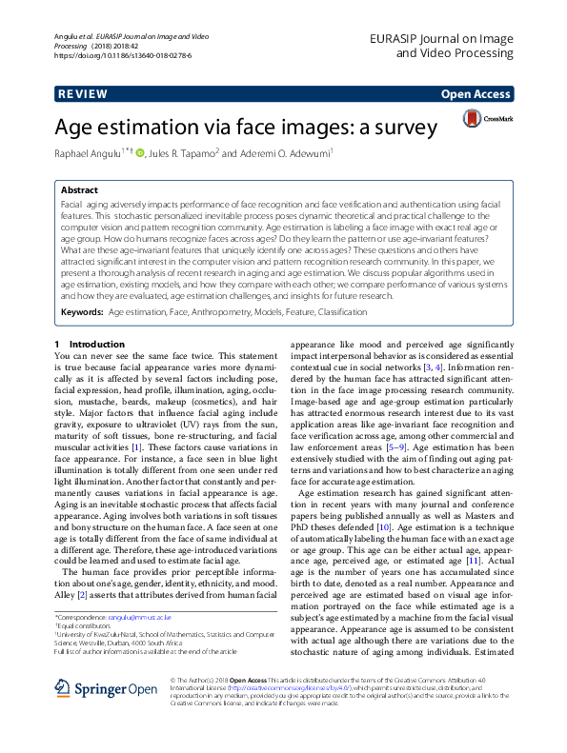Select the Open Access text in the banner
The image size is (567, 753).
(x=474, y=94)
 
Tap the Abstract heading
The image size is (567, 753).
(x=79, y=190)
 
